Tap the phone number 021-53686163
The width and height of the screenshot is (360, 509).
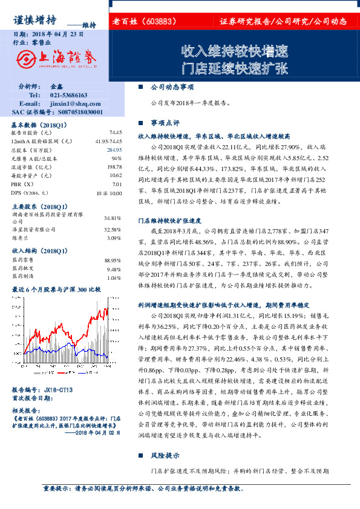pyautogui.click(x=68, y=96)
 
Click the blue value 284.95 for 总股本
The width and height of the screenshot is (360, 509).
pyautogui.click(x=114, y=149)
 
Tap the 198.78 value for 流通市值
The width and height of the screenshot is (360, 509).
pyautogui.click(x=114, y=167)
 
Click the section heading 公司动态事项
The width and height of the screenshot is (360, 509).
pyautogui.click(x=172, y=87)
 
